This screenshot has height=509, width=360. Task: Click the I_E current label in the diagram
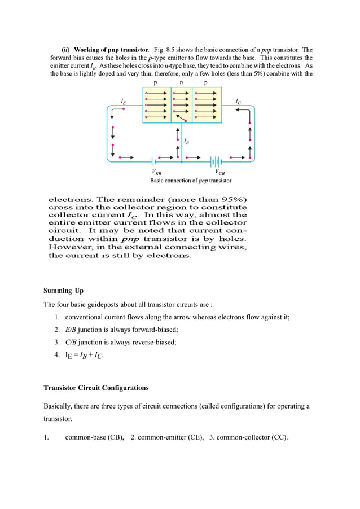point(123,100)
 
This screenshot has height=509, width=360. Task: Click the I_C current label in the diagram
point(239,102)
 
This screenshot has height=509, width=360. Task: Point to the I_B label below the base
point(186,141)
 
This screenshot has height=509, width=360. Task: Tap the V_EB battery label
point(156,173)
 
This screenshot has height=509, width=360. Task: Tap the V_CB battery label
point(219,173)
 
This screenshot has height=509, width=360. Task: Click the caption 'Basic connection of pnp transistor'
point(190,181)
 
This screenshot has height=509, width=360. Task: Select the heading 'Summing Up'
point(63,291)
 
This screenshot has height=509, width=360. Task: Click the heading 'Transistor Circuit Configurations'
point(96,388)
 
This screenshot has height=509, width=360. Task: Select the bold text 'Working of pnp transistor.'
point(111,50)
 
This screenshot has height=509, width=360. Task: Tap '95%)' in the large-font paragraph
point(232,200)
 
